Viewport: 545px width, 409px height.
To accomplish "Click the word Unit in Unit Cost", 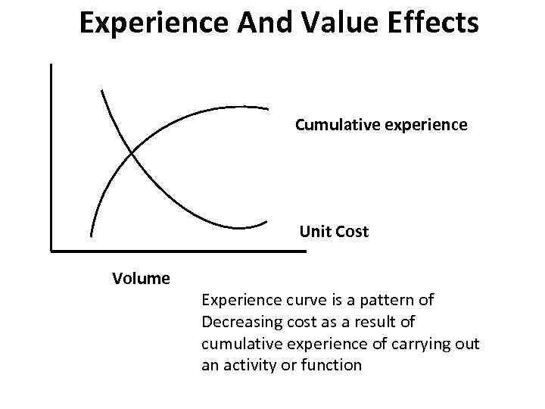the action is pos(314,232).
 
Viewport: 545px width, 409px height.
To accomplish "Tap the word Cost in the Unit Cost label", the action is pos(351,232).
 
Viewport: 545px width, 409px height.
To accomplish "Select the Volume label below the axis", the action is pos(141,278).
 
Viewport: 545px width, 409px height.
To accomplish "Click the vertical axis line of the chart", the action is pos(50,151).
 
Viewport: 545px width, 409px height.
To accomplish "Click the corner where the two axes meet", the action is pos(51,249).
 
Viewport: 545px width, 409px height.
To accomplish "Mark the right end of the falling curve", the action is pos(267,222).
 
